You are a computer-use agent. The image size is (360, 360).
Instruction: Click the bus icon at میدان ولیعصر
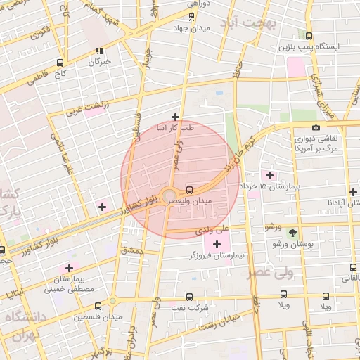pos(190,190)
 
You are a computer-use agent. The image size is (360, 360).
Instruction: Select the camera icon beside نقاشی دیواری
pos(316,127)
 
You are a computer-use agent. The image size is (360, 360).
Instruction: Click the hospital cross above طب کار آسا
pos(175,117)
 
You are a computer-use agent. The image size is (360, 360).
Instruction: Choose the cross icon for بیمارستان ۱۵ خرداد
pos(269,174)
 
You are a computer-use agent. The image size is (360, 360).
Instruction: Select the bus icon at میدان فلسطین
pos(97,306)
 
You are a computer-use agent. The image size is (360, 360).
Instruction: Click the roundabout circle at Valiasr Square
pos(169,196)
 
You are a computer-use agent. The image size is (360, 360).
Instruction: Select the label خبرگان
pos(99,61)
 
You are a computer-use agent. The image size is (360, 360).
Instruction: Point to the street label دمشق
pos(131,250)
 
